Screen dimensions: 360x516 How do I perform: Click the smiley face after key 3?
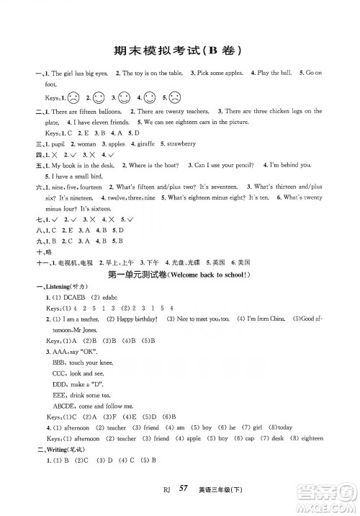(125, 97)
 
